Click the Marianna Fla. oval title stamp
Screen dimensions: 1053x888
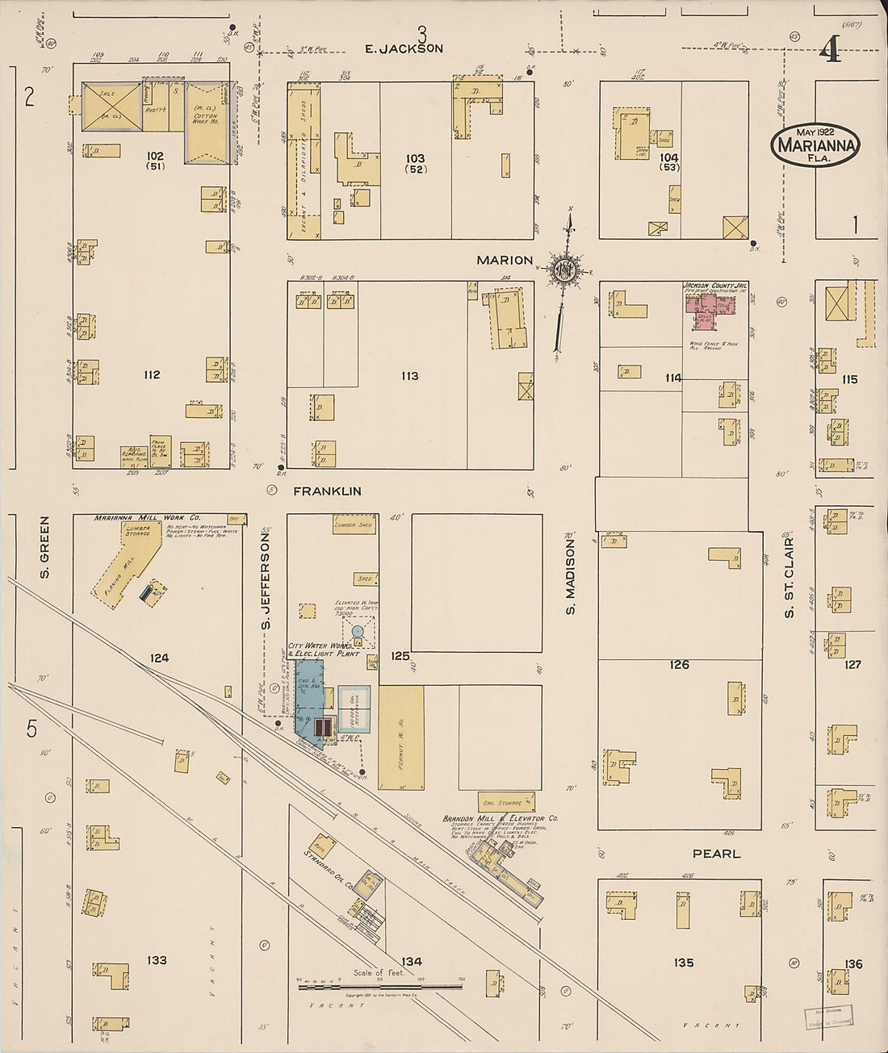tap(815, 145)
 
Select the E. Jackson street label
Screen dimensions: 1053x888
tap(404, 48)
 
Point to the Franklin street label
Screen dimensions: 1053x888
tap(327, 491)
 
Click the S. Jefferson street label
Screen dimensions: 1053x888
tap(266, 578)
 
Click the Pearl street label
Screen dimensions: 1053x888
tap(716, 853)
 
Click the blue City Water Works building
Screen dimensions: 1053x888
tap(308, 694)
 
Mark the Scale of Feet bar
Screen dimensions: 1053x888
tap(379, 985)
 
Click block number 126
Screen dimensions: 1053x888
tap(680, 664)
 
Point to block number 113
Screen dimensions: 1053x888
tap(409, 375)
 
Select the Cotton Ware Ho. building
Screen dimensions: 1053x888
tap(205, 122)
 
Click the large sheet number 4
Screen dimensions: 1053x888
tap(830, 50)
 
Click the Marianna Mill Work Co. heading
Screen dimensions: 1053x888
tap(148, 518)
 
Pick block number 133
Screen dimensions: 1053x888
tap(157, 960)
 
